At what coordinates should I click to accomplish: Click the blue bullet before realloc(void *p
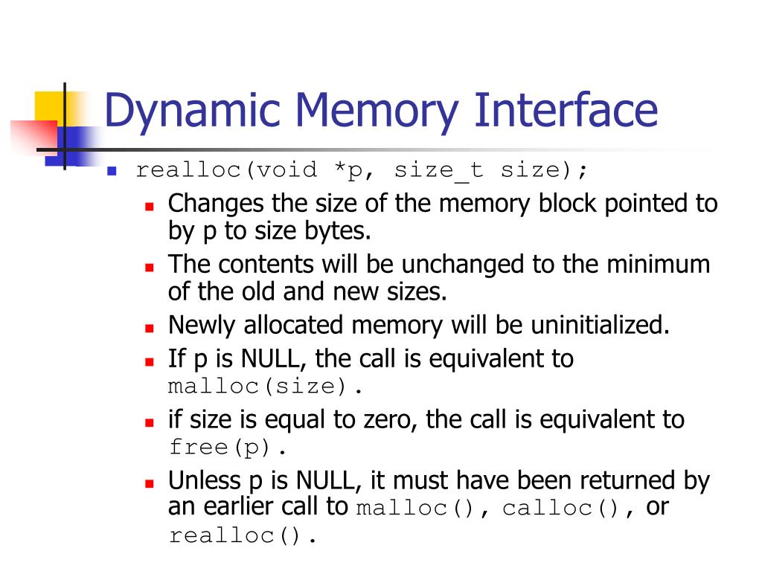(x=112, y=170)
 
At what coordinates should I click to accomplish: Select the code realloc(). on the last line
(x=243, y=535)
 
